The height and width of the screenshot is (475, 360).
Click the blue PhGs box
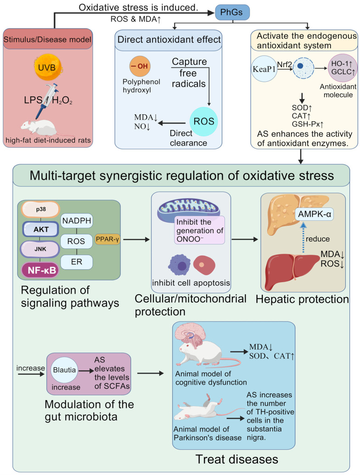click(232, 12)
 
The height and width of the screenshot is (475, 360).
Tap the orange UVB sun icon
click(47, 67)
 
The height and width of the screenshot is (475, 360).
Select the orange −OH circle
click(140, 66)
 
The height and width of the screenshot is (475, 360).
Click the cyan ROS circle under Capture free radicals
click(203, 122)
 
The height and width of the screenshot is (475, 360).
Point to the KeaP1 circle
click(264, 69)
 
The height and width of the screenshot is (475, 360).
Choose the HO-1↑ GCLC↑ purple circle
click(343, 67)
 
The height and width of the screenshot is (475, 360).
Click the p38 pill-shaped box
click(40, 209)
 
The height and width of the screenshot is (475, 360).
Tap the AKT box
click(40, 229)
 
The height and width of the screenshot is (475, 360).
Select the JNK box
click(40, 249)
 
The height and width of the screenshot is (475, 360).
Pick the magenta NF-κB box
click(40, 270)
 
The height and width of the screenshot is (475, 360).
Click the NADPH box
click(77, 221)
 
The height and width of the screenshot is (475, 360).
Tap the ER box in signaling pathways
click(77, 262)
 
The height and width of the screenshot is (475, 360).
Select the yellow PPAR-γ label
click(107, 239)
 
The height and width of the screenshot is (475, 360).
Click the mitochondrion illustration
click(188, 208)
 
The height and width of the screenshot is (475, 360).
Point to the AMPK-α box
click(314, 214)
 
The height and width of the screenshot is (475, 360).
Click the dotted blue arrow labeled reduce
click(303, 238)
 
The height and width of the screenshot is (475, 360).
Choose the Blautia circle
click(64, 370)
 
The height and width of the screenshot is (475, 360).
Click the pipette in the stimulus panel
click(46, 101)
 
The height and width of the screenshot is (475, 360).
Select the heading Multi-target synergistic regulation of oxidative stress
click(181, 176)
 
